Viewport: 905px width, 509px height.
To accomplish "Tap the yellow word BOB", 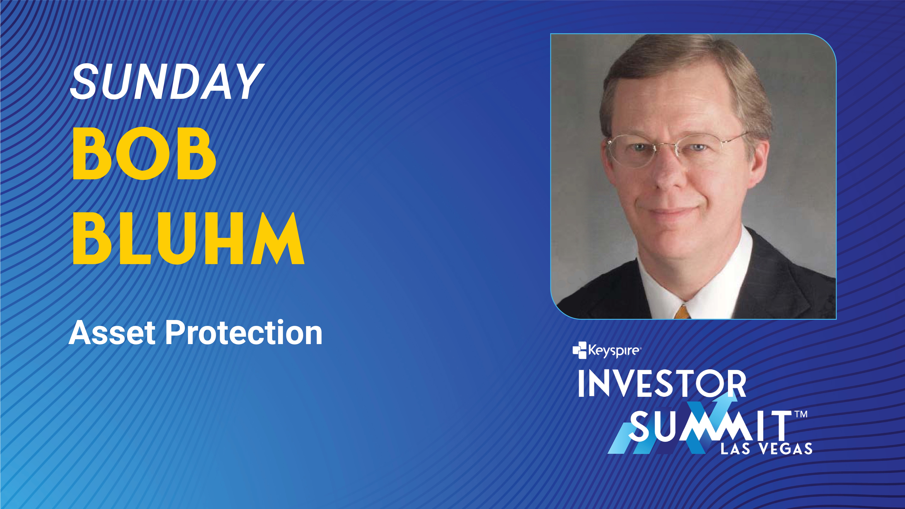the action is click(x=144, y=153).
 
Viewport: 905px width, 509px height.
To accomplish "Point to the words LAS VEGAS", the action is click(x=766, y=449).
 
